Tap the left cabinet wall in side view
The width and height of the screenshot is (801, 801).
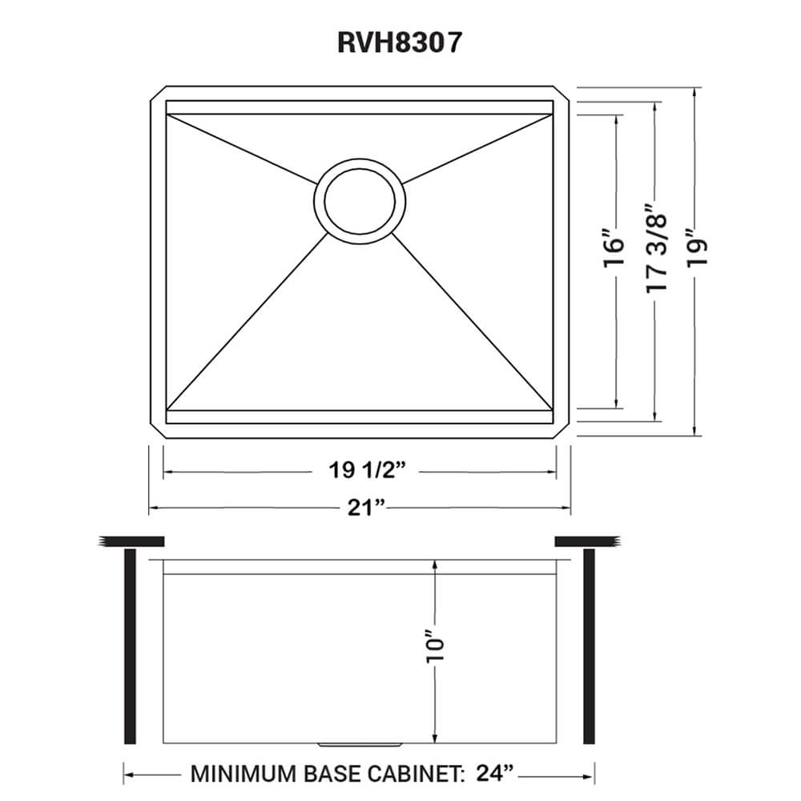click(x=129, y=647)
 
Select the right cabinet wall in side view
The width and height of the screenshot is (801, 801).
click(x=590, y=647)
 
